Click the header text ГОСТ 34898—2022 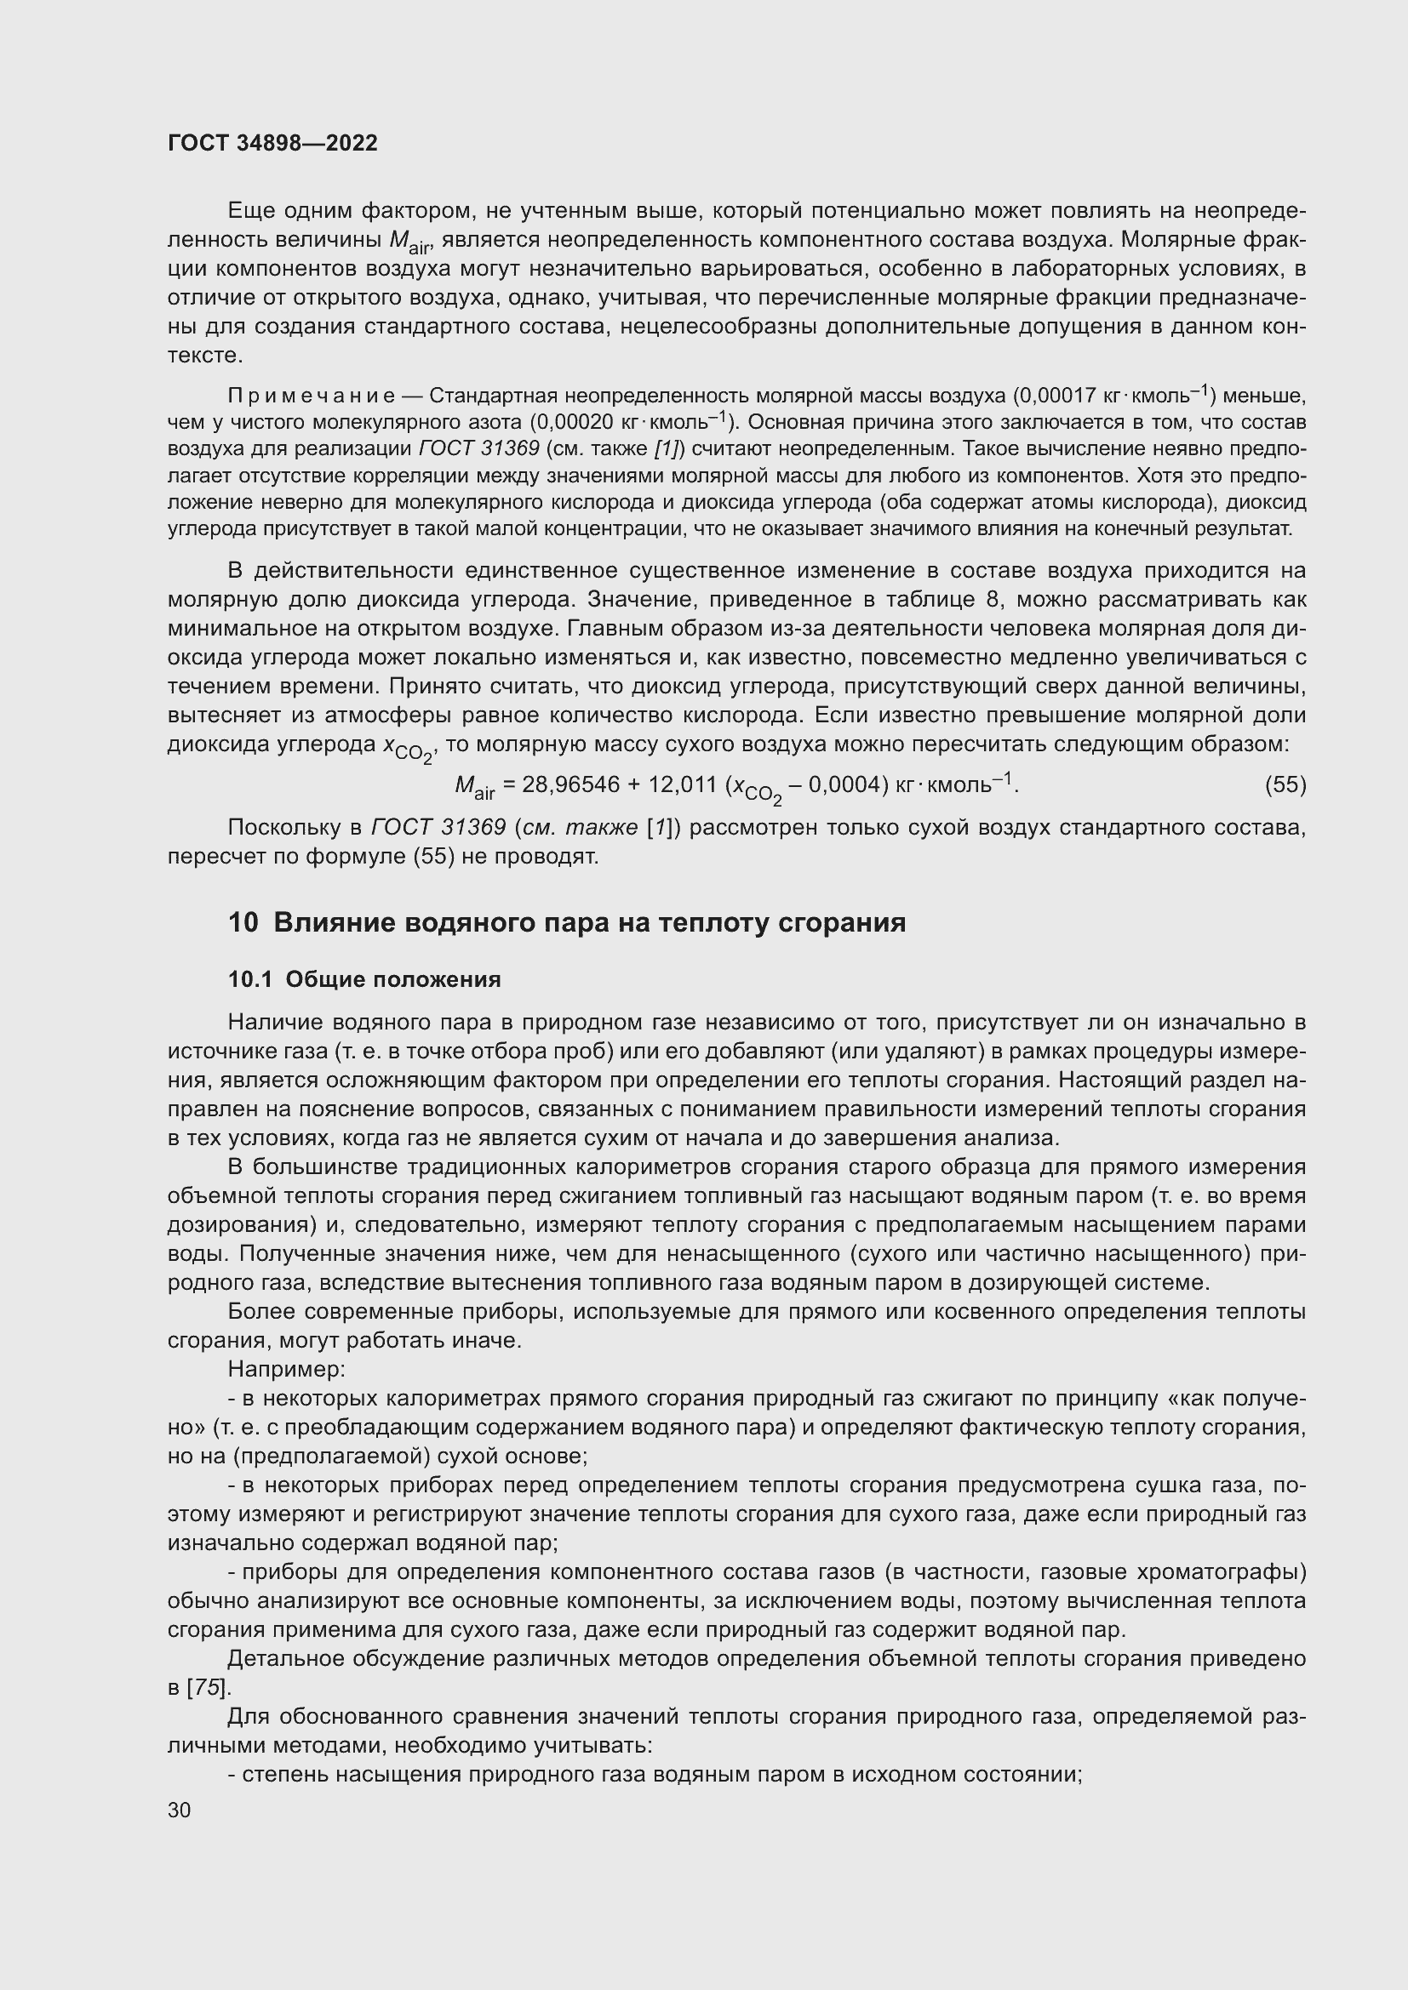(272, 144)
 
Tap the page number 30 (180, 1810)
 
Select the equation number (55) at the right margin (1285, 785)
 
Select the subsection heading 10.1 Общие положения (364, 979)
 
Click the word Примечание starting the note (311, 396)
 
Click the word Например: (286, 1370)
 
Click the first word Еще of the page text (247, 211)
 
